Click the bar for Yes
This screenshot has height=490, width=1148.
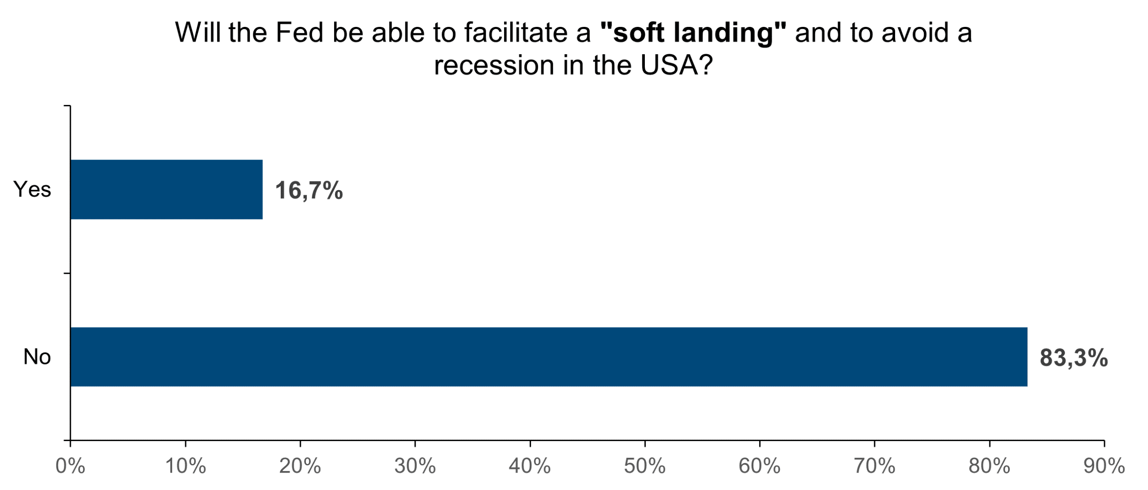click(166, 189)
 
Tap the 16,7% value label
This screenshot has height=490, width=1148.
click(309, 190)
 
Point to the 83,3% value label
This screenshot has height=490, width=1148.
click(1074, 358)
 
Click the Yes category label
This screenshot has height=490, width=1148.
click(32, 189)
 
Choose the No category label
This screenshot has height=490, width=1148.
click(37, 357)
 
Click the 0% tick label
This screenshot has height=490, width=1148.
click(70, 466)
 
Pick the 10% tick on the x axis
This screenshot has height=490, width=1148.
click(185, 466)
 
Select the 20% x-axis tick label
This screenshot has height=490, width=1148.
click(300, 466)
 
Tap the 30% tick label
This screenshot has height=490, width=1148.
click(415, 466)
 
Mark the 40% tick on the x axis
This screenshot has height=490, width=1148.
click(530, 466)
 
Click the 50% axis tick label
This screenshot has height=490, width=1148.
click(644, 466)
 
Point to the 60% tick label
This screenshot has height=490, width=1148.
click(759, 466)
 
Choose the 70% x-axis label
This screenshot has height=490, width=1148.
click(874, 466)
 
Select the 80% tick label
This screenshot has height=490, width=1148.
click(989, 466)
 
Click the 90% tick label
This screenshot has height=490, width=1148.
click(1104, 466)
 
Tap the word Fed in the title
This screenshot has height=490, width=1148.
click(299, 33)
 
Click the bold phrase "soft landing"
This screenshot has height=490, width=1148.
click(693, 33)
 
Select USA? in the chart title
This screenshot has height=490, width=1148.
click(676, 65)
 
